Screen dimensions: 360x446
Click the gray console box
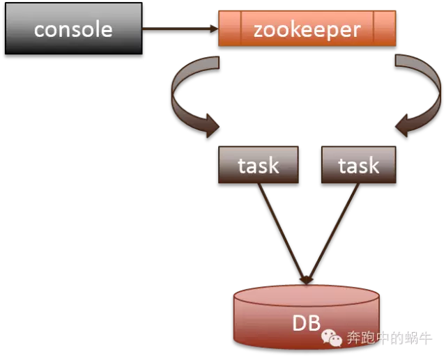click(x=73, y=29)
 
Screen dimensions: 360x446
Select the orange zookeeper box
click(x=307, y=29)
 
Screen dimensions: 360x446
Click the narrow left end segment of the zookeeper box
click(x=230, y=29)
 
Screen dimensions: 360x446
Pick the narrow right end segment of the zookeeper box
click(x=385, y=29)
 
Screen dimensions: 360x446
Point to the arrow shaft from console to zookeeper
click(x=174, y=29)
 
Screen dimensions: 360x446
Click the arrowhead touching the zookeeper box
click(x=213, y=29)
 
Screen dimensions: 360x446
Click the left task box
click(x=259, y=166)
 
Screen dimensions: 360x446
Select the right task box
click(x=358, y=166)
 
